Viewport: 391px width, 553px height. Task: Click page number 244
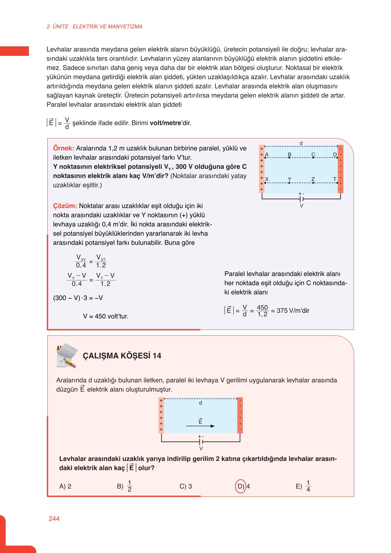(54, 518)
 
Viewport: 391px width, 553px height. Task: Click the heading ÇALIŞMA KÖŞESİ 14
(122, 356)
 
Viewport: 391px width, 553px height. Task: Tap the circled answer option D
(241, 486)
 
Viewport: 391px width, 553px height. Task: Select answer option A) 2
(65, 486)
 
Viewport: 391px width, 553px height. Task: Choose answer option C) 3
(186, 486)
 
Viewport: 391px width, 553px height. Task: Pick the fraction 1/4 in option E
(308, 486)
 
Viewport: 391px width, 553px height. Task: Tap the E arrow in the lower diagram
(200, 426)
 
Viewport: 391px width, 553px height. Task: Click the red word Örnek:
(63, 148)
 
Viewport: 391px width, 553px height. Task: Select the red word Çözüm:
(65, 206)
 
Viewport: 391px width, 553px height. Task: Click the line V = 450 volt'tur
(105, 316)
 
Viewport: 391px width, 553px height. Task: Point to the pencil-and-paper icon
(67, 356)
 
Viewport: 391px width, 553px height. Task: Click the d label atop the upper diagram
(301, 143)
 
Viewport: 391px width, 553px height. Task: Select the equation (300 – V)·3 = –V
(78, 298)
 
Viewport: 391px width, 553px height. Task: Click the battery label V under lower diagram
(201, 449)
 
